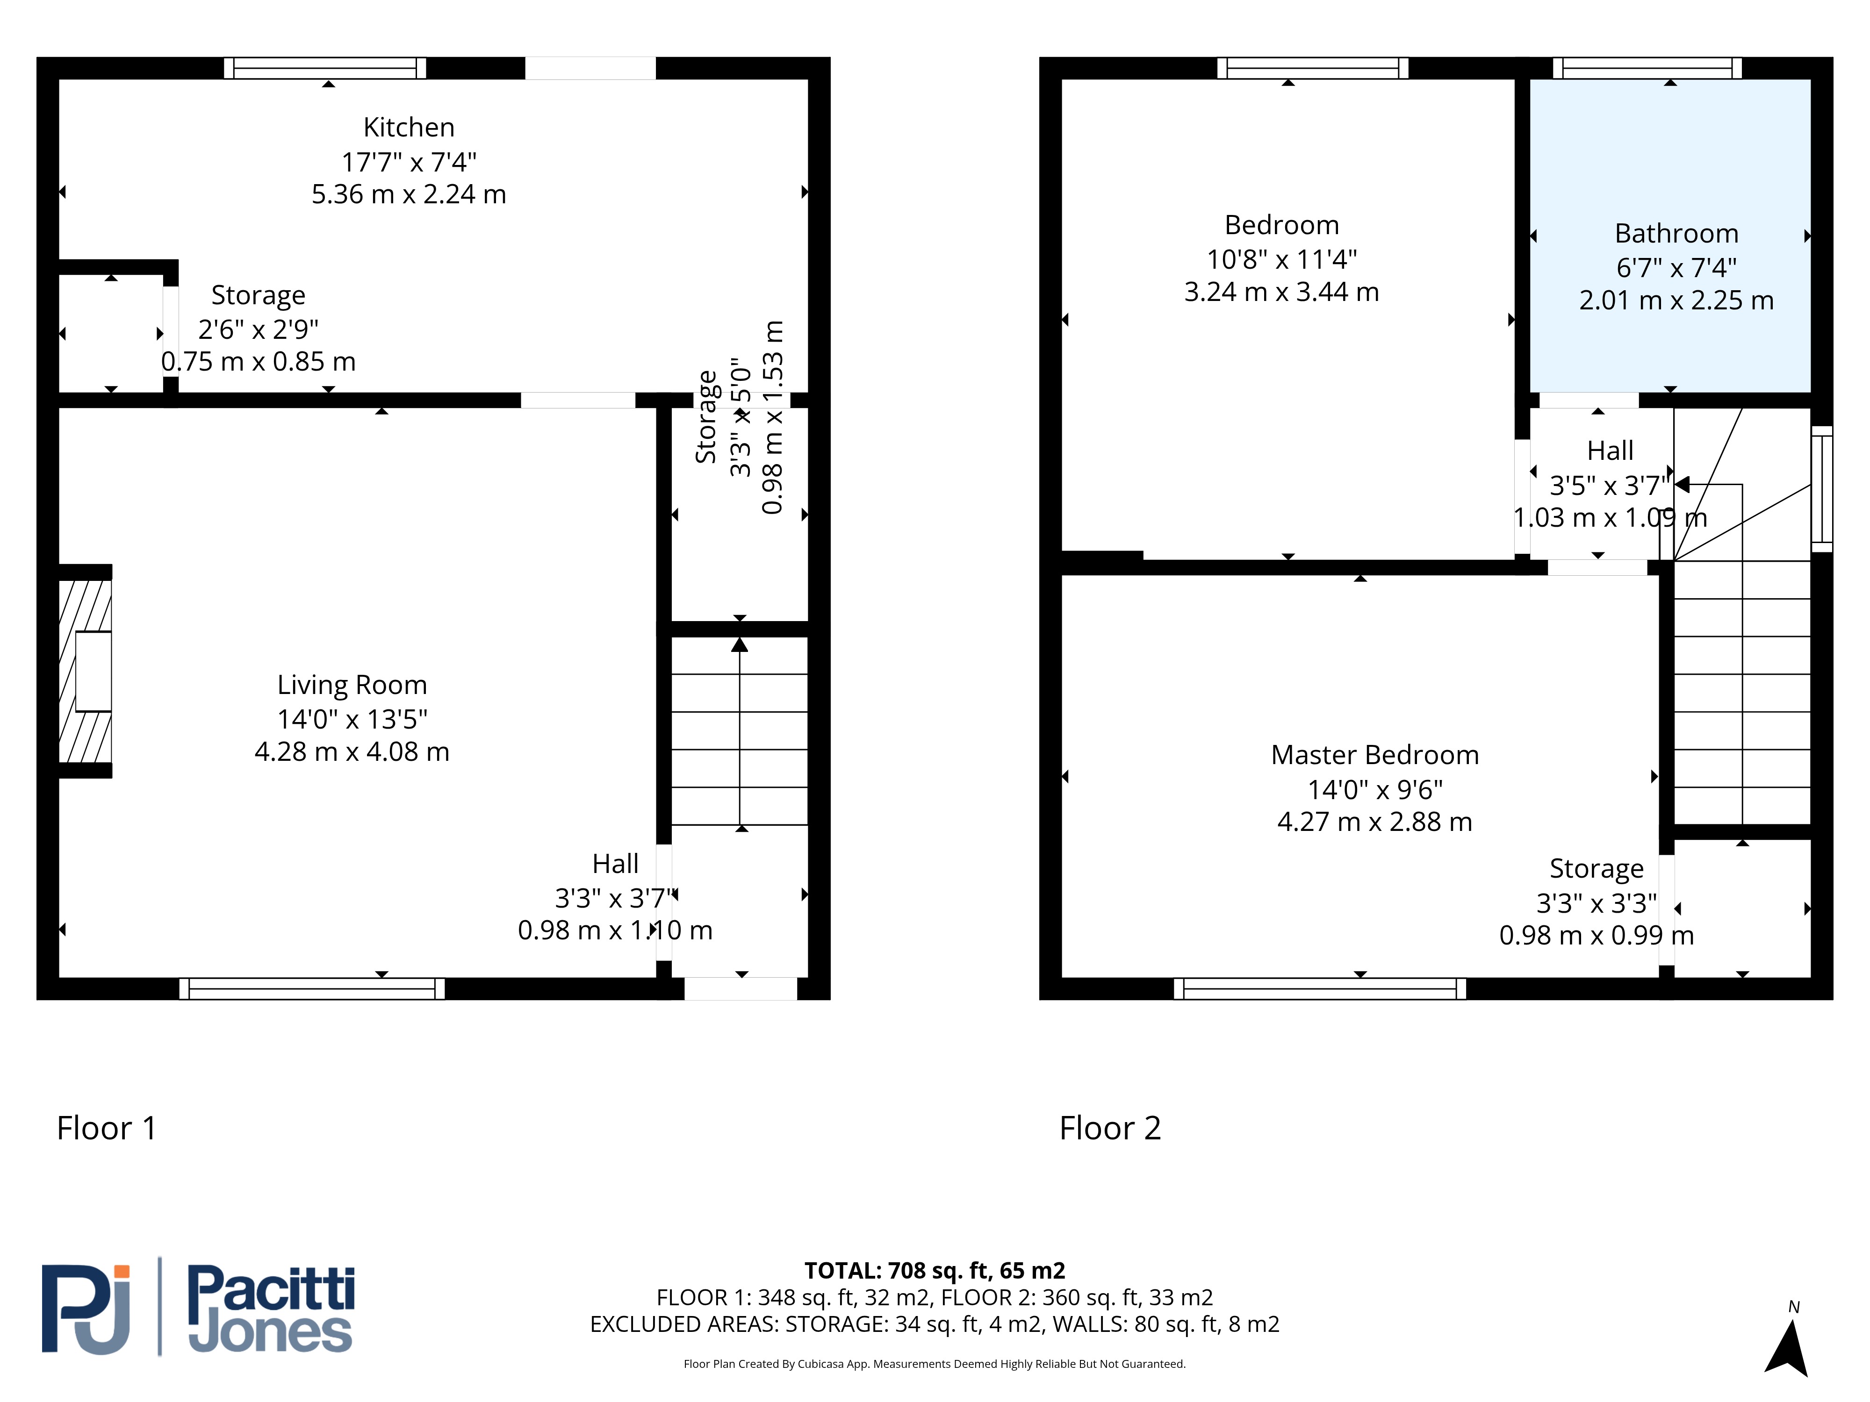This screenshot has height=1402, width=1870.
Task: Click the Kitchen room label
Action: [x=409, y=128]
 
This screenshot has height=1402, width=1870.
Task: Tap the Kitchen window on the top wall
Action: [x=325, y=68]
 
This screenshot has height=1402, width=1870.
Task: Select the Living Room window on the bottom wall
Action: [x=312, y=989]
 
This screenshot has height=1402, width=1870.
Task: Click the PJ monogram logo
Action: [x=86, y=1309]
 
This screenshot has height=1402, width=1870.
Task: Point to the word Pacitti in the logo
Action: [x=271, y=1289]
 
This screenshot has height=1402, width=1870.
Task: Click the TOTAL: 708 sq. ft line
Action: [x=934, y=1271]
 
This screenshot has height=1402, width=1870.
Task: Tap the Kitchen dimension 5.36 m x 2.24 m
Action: [x=409, y=194]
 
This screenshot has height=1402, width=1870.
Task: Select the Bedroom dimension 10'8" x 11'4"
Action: [x=1281, y=259]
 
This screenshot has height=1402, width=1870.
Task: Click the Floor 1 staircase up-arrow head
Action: [x=740, y=645]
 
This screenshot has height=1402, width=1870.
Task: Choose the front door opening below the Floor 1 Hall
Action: [x=741, y=989]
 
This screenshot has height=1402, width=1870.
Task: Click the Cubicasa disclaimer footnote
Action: [x=934, y=1364]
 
